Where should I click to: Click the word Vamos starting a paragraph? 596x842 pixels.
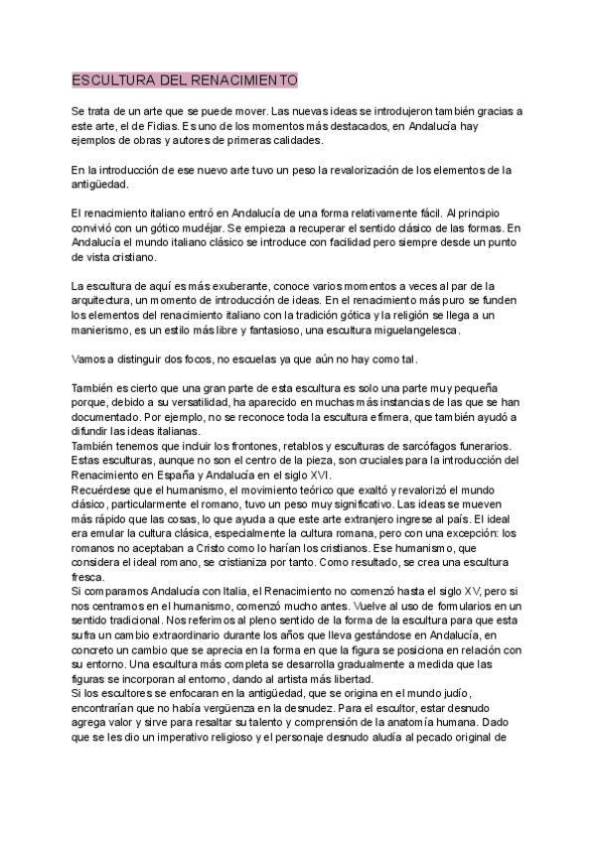[x=92, y=358]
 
